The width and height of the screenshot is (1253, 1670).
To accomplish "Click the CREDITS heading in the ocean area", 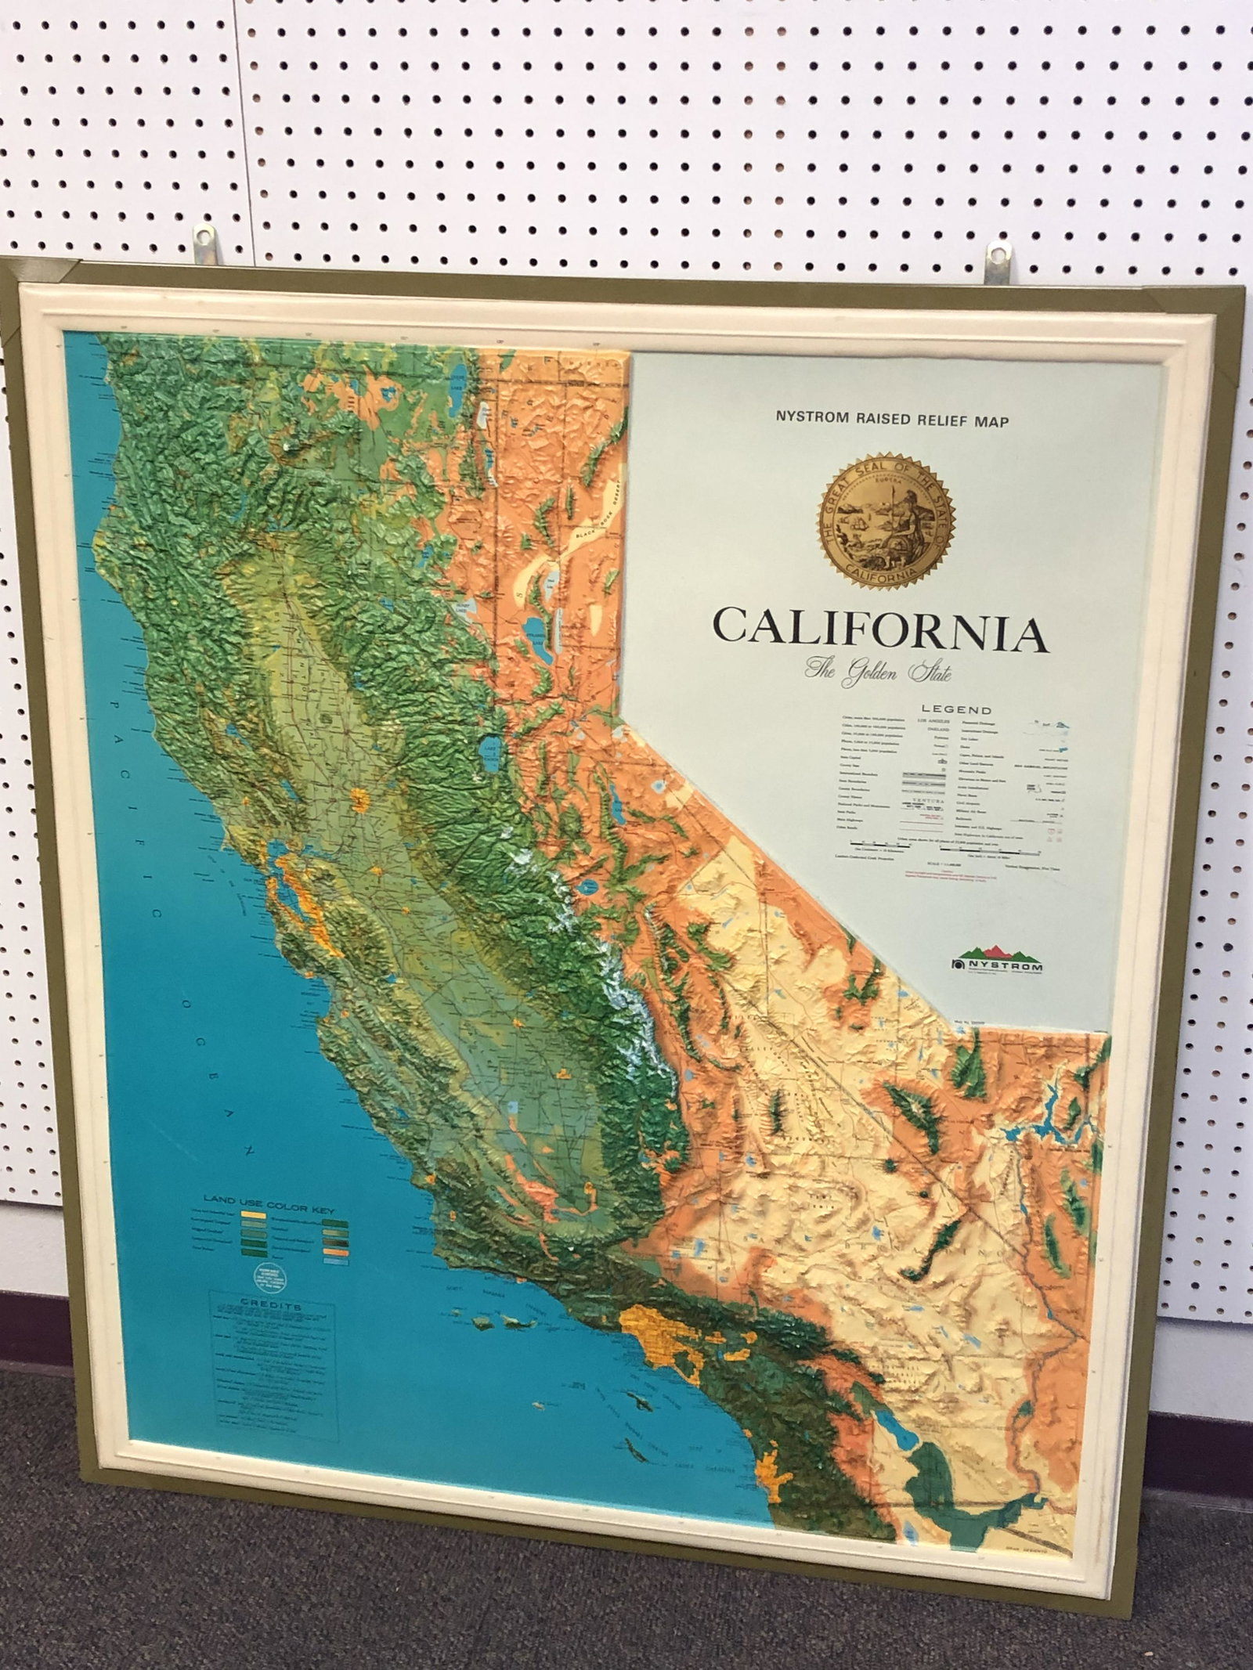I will pos(271,1306).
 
